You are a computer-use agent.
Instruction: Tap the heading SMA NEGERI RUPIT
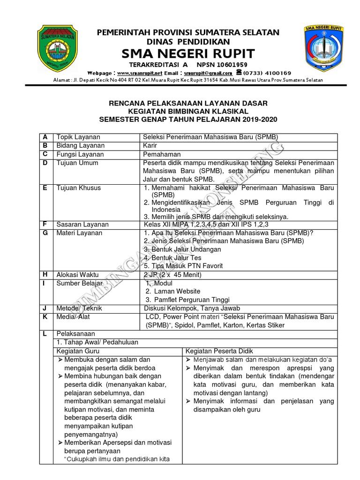pos(188,53)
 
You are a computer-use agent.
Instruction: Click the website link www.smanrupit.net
pos(139,73)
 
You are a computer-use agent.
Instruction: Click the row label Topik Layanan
pos(78,137)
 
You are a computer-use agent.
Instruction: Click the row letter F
pos(45,225)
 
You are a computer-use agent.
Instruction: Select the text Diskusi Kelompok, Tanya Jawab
pos(192,308)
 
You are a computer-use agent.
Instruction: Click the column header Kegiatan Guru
pos(78,351)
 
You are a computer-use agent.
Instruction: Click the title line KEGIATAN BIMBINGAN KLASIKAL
pos(188,111)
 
